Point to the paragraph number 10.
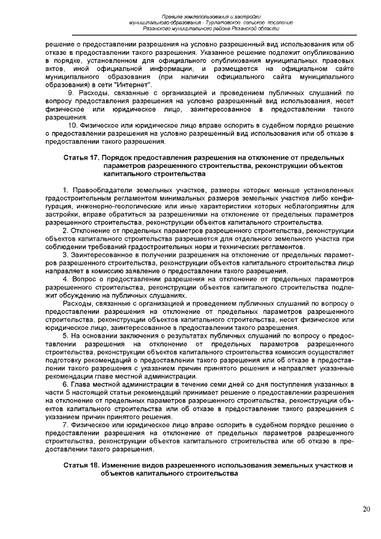click(x=73, y=126)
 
